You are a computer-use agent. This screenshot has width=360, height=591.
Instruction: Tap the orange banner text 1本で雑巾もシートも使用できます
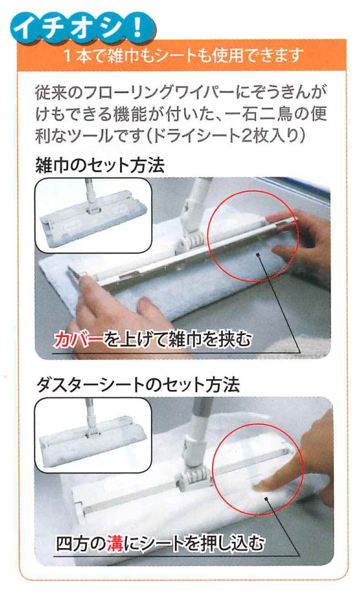[183, 56]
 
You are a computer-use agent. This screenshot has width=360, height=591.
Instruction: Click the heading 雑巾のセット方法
[100, 165]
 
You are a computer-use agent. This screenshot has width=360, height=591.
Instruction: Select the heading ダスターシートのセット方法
[138, 385]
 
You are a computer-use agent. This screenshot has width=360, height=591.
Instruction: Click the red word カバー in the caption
[78, 340]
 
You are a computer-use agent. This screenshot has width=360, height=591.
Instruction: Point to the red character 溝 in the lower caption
[115, 543]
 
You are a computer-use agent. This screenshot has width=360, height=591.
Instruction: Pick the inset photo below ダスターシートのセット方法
[93, 435]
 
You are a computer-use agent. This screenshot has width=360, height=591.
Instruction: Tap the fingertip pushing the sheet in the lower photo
[261, 487]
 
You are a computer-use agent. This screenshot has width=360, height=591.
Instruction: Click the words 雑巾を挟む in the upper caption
[211, 340]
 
